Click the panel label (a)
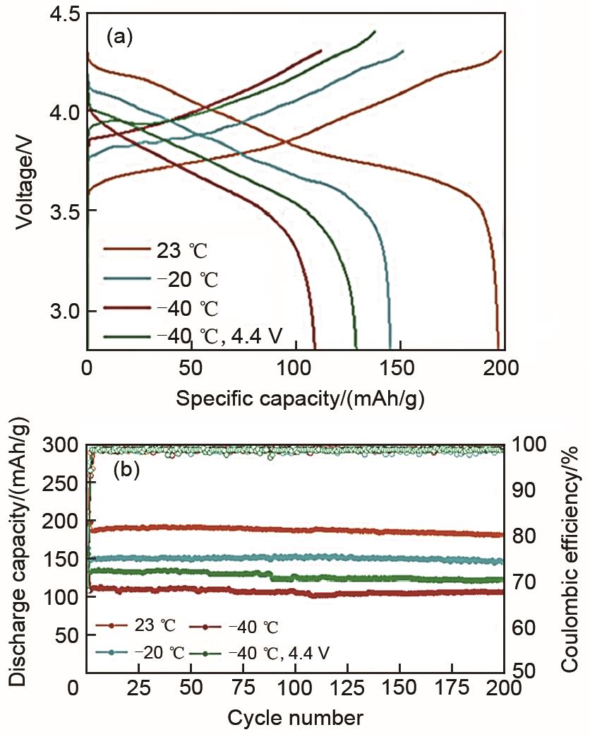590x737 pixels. pos(119,37)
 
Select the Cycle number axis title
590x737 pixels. pos(294,719)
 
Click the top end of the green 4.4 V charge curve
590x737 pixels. pos(374,31)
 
